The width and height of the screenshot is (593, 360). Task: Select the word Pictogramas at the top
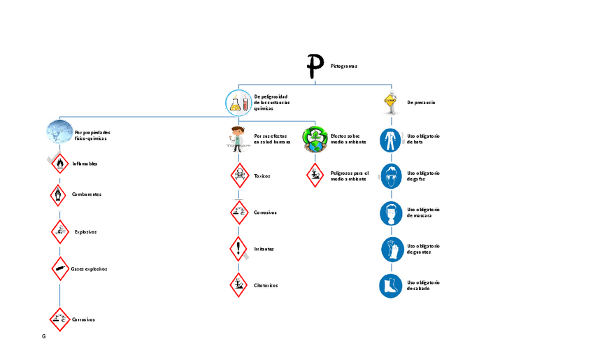point(344,66)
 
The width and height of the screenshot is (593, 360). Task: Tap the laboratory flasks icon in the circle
point(238,103)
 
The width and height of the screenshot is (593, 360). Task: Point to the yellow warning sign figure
point(390,102)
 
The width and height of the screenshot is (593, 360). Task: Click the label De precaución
point(421,102)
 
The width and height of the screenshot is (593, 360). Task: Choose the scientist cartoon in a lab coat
point(238,138)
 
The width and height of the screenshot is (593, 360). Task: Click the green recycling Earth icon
point(315,138)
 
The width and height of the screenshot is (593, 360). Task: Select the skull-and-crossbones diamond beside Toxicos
point(240,175)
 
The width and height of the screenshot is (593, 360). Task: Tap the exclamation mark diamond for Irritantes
point(240,248)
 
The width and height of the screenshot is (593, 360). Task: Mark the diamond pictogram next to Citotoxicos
point(240,285)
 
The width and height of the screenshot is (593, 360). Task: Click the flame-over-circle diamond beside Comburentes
point(59,194)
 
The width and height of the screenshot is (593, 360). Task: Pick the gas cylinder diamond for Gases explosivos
point(60,268)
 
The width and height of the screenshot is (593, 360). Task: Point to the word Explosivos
point(85,231)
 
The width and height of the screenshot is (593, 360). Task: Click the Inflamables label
point(85,164)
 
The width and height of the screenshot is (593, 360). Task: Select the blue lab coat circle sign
point(391,140)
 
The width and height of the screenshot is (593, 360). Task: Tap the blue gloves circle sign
point(391,249)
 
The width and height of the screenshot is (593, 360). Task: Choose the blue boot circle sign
point(391,285)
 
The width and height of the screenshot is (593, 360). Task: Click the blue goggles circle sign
point(391,175)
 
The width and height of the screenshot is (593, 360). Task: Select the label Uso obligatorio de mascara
point(422,213)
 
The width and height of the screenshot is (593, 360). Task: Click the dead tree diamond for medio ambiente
point(315,175)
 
